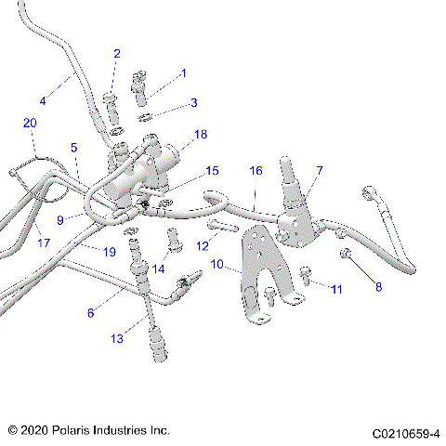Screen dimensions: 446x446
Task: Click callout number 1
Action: pos(183,72)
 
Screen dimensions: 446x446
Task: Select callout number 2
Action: pos(117,54)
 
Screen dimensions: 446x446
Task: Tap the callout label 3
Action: pos(193,102)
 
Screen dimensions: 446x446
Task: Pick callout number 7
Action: pos(319,171)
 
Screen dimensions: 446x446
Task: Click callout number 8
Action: pos(378,287)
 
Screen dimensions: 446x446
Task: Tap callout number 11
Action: pos(335,290)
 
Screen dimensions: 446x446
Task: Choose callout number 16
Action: pos(256,172)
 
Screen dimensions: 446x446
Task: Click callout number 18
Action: pos(201,135)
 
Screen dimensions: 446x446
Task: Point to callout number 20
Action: pos(30,124)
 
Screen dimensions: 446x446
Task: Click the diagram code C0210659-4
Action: pos(406,432)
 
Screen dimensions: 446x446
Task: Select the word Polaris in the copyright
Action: pos(84,431)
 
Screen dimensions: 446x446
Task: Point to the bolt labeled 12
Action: pos(223,226)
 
